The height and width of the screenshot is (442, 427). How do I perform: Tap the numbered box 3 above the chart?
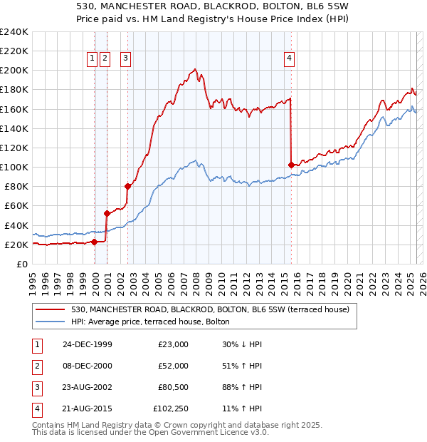(125, 59)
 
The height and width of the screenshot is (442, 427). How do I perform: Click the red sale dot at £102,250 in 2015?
(291, 165)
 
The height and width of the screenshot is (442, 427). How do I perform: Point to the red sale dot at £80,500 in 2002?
(128, 186)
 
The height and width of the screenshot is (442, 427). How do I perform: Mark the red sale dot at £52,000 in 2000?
(106, 213)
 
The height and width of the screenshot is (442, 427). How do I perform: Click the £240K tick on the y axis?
(14, 32)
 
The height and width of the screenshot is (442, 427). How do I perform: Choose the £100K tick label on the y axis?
(14, 167)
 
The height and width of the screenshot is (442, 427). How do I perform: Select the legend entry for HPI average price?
(150, 322)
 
